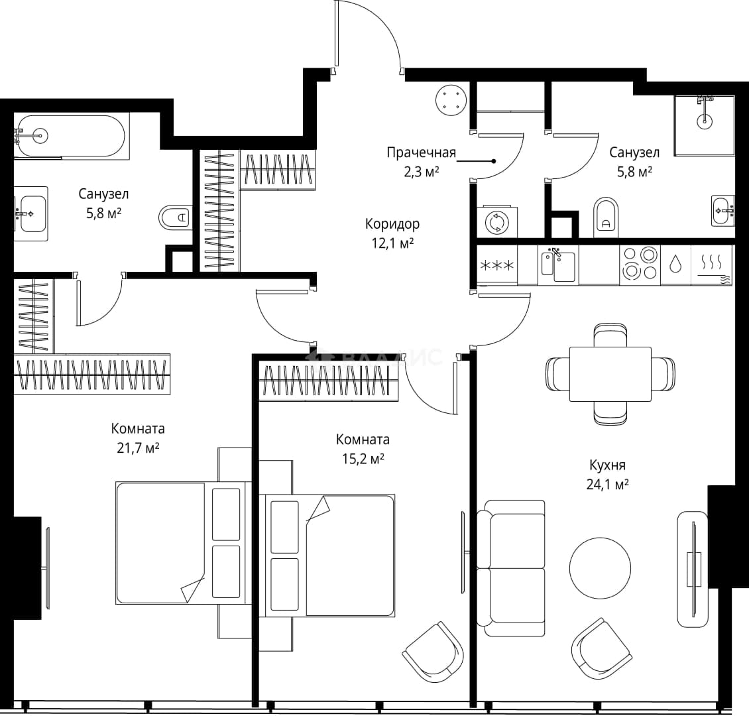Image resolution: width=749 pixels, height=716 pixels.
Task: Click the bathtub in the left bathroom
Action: pos(72,137)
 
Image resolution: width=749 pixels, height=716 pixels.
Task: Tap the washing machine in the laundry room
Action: pos(497,222)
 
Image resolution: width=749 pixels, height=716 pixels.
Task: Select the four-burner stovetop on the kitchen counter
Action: pos(640,264)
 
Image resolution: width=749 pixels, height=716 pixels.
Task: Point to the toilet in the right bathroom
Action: pos(606,217)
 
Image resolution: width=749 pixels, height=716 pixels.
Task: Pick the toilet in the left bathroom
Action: pos(175,218)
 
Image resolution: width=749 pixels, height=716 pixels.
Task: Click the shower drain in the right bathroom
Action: pos(704,121)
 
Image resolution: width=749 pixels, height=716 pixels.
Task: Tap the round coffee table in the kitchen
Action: pos(600,568)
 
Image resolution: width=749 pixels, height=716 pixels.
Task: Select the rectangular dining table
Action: pos(610,374)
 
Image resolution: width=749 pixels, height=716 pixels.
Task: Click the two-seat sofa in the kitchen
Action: pos(511,568)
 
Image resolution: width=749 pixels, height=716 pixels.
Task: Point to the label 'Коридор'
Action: pos(392,223)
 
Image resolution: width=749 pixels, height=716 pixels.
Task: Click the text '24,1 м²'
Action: pos(608,485)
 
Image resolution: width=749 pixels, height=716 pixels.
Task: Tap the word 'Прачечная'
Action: pos(422,152)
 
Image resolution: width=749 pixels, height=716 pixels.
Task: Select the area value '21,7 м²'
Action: pos(138,448)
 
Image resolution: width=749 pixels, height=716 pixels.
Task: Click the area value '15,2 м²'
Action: pos(363,459)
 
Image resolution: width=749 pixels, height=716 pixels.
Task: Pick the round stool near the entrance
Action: pos(451,100)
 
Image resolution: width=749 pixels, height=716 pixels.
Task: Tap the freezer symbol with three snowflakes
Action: pos(497,265)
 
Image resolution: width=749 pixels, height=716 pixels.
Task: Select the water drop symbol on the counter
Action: pos(675,264)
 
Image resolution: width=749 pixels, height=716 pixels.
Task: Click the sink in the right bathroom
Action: pos(723,210)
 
